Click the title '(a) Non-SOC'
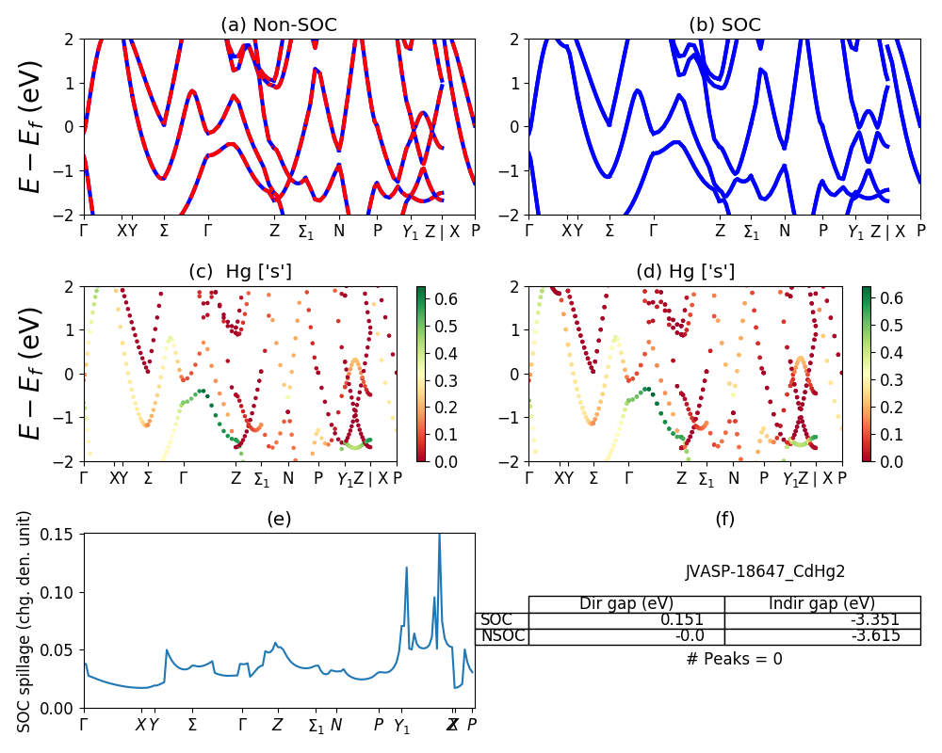tap(279, 24)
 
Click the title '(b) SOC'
tap(724, 24)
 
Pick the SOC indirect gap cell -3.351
tap(871, 619)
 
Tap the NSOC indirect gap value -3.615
tap(871, 635)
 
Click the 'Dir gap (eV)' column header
tap(626, 603)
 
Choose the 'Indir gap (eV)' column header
tap(821, 603)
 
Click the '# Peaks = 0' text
tap(734, 659)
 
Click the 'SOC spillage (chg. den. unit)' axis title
tap(24, 621)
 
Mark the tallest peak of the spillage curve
tap(439, 536)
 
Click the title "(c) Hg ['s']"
tap(240, 272)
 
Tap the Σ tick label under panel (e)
tap(192, 725)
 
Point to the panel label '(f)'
tap(724, 519)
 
